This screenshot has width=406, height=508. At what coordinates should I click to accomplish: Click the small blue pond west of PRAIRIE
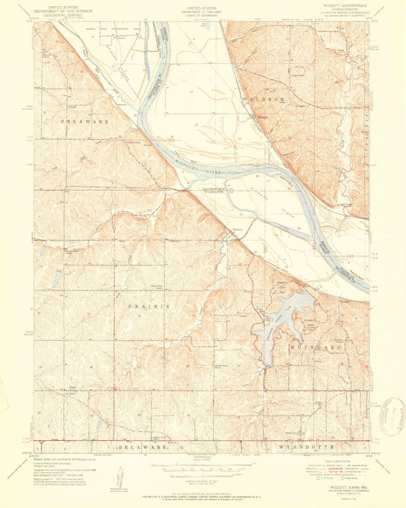click(x=56, y=280)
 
